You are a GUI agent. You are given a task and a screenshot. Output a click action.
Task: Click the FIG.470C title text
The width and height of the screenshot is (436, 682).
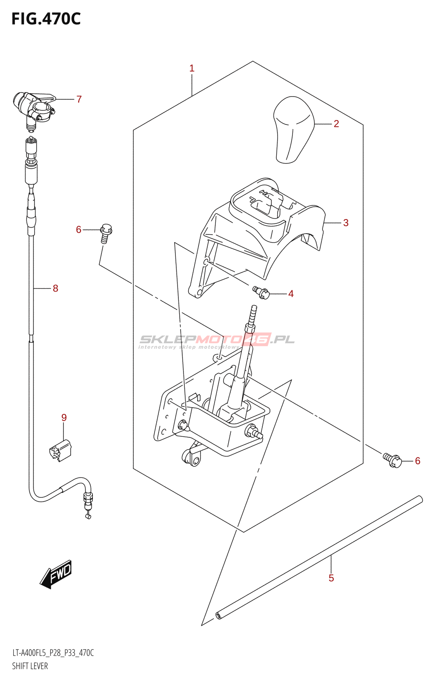tap(46, 19)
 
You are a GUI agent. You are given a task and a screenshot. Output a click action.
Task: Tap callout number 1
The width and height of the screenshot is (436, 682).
tap(192, 68)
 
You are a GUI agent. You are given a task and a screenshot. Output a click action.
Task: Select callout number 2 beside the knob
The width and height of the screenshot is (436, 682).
tap(336, 124)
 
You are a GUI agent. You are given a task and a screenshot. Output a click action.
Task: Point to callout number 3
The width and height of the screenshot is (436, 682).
tap(346, 223)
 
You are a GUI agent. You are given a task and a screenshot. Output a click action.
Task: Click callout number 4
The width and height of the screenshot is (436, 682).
tap(291, 294)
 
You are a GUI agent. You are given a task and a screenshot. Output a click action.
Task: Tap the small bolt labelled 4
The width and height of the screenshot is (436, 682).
tap(261, 292)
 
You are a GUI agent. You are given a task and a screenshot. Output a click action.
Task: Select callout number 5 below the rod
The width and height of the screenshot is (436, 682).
tap(331, 578)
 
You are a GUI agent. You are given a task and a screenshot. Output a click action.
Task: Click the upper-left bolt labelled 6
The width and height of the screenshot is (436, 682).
tap(105, 233)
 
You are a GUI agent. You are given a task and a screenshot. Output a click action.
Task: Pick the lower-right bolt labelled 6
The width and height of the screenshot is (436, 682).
tap(393, 460)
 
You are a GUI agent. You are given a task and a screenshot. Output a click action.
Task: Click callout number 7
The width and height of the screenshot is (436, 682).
tap(79, 99)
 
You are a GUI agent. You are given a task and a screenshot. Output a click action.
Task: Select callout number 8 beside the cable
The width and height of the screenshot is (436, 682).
tap(55, 289)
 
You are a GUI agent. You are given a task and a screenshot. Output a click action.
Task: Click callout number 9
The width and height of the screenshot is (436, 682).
tap(64, 418)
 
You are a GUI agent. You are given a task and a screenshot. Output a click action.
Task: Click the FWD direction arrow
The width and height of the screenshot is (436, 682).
tap(57, 574)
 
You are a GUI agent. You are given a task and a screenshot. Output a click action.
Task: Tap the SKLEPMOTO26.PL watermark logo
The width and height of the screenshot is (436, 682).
tap(217, 340)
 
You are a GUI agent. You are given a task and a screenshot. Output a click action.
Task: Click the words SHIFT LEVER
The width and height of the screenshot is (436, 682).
tap(30, 666)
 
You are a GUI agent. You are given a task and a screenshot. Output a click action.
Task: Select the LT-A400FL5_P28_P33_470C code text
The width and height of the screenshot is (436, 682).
tap(53, 653)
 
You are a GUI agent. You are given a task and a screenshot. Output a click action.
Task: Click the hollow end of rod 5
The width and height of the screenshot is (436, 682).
tap(218, 615)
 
